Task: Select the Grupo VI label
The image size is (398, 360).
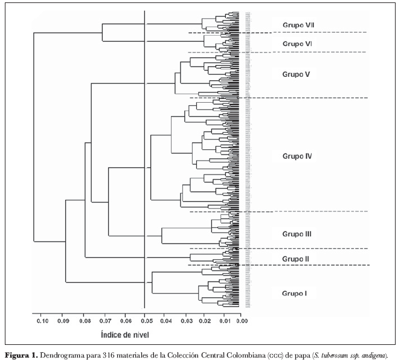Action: [297, 44]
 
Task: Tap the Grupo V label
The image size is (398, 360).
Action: [296, 74]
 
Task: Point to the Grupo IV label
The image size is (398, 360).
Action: [297, 156]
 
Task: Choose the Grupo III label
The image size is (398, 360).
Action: [297, 234]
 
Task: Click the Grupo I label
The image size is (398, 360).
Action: [294, 294]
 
